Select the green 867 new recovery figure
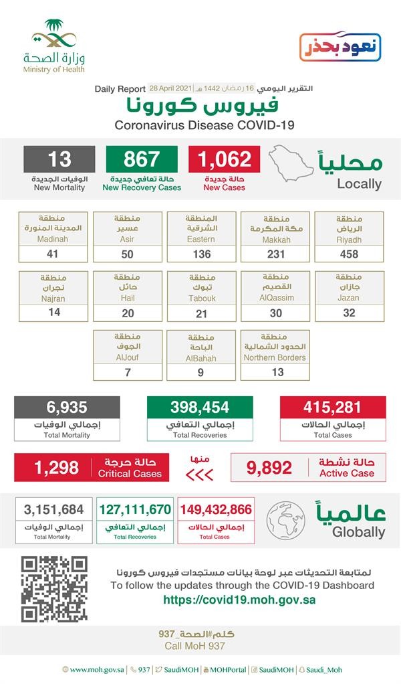pyautogui.click(x=142, y=159)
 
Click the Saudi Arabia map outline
pyautogui.click(x=291, y=163)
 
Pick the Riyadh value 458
pyautogui.click(x=349, y=254)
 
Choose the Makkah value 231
pyautogui.click(x=275, y=254)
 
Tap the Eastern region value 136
pyautogui.click(x=201, y=254)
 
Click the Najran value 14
pyautogui.click(x=54, y=312)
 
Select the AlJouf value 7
pyautogui.click(x=128, y=371)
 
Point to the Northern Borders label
pyautogui.click(x=275, y=357)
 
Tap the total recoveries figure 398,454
pyautogui.click(x=200, y=407)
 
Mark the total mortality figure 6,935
pyautogui.click(x=67, y=407)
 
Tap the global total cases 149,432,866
pyautogui.click(x=215, y=510)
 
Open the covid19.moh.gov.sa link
pyautogui.click(x=239, y=600)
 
